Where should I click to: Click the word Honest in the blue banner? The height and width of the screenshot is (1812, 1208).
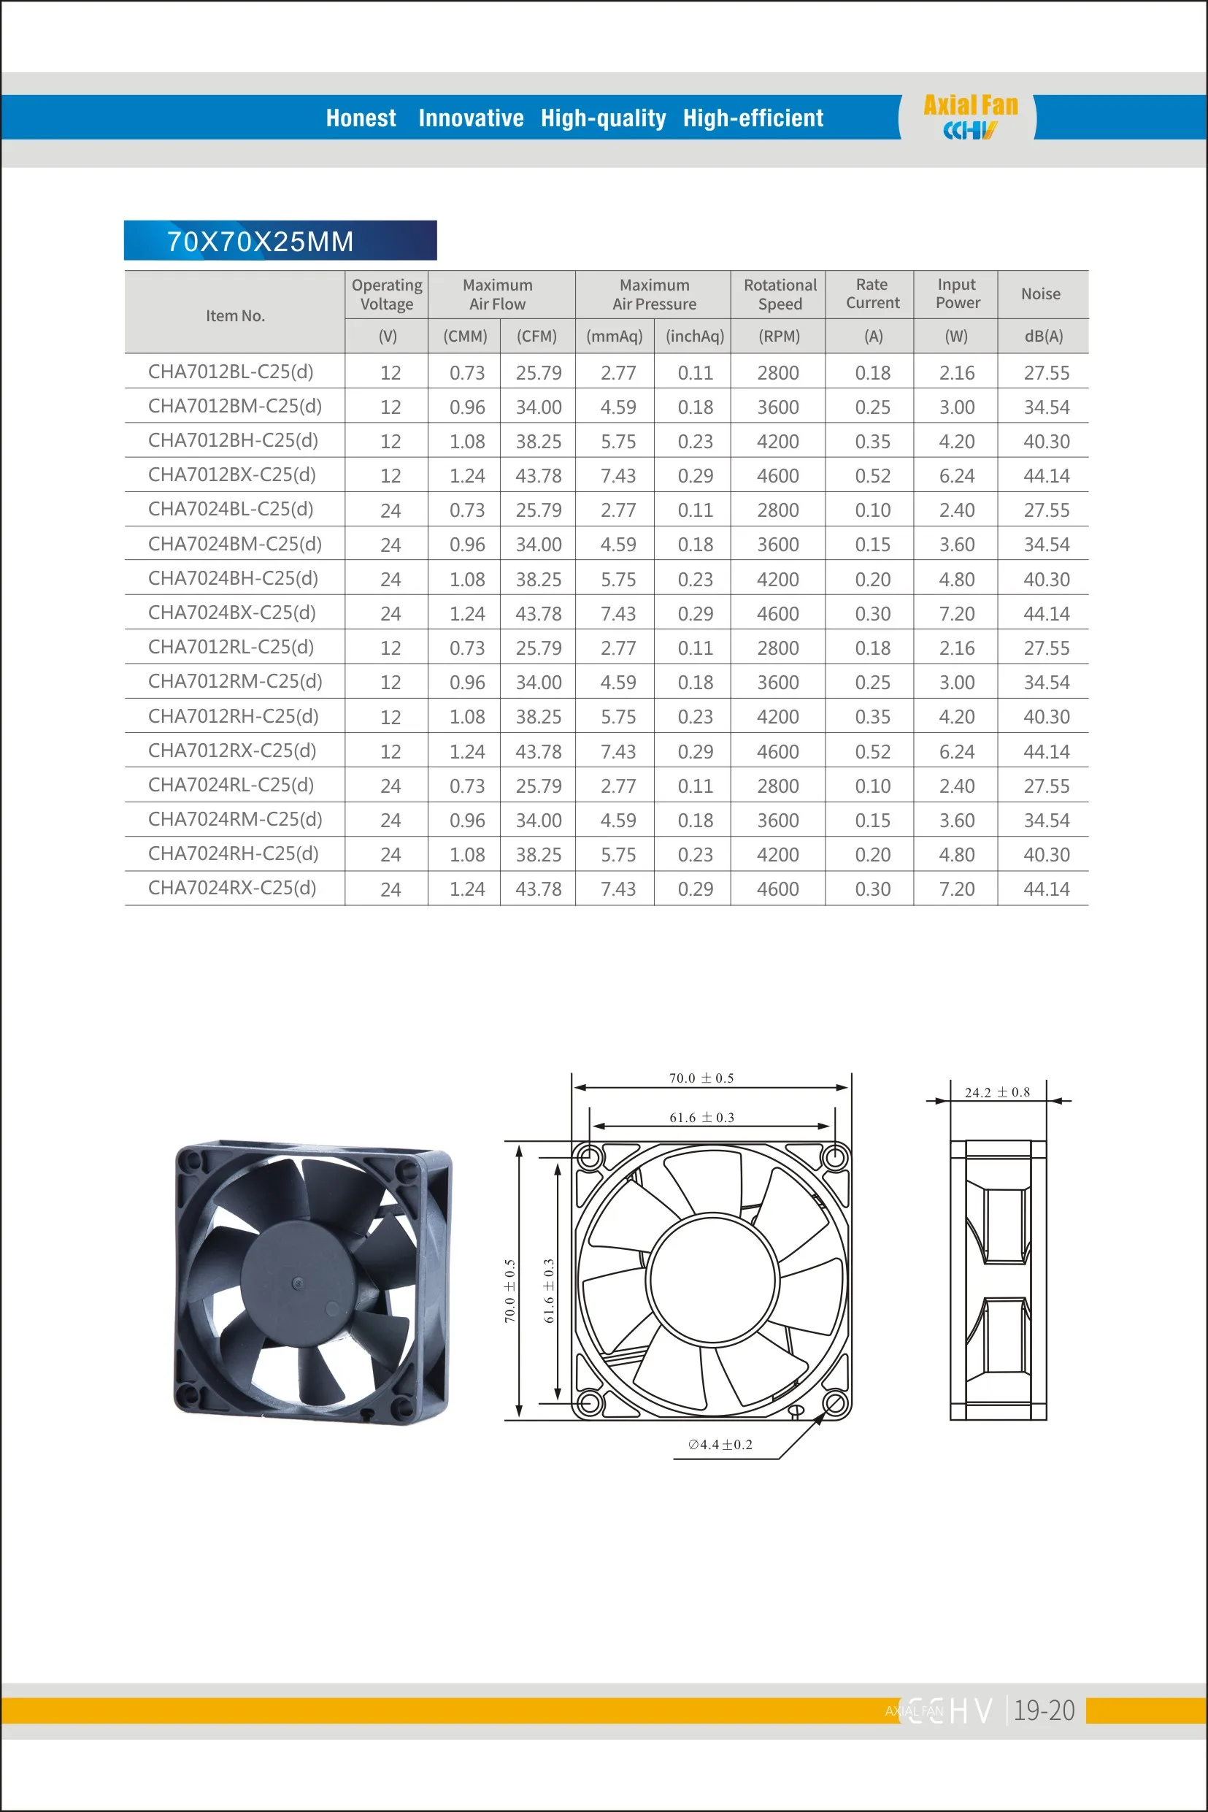(x=361, y=118)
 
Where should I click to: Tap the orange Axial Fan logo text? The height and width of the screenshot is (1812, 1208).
(x=971, y=106)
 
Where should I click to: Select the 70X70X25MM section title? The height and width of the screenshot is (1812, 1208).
(x=261, y=241)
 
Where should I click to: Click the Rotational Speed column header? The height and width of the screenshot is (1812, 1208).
(x=780, y=294)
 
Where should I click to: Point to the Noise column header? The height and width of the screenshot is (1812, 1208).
(x=1041, y=293)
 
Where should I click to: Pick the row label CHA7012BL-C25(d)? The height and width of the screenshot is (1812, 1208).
(x=231, y=372)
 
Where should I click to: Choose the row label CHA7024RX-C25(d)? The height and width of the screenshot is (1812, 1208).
(x=232, y=888)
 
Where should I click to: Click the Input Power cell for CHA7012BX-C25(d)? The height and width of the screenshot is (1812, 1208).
(x=957, y=476)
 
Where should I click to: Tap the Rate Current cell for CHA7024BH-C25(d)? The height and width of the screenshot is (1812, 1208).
(x=873, y=580)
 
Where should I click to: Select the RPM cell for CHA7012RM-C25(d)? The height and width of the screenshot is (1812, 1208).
(x=778, y=683)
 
